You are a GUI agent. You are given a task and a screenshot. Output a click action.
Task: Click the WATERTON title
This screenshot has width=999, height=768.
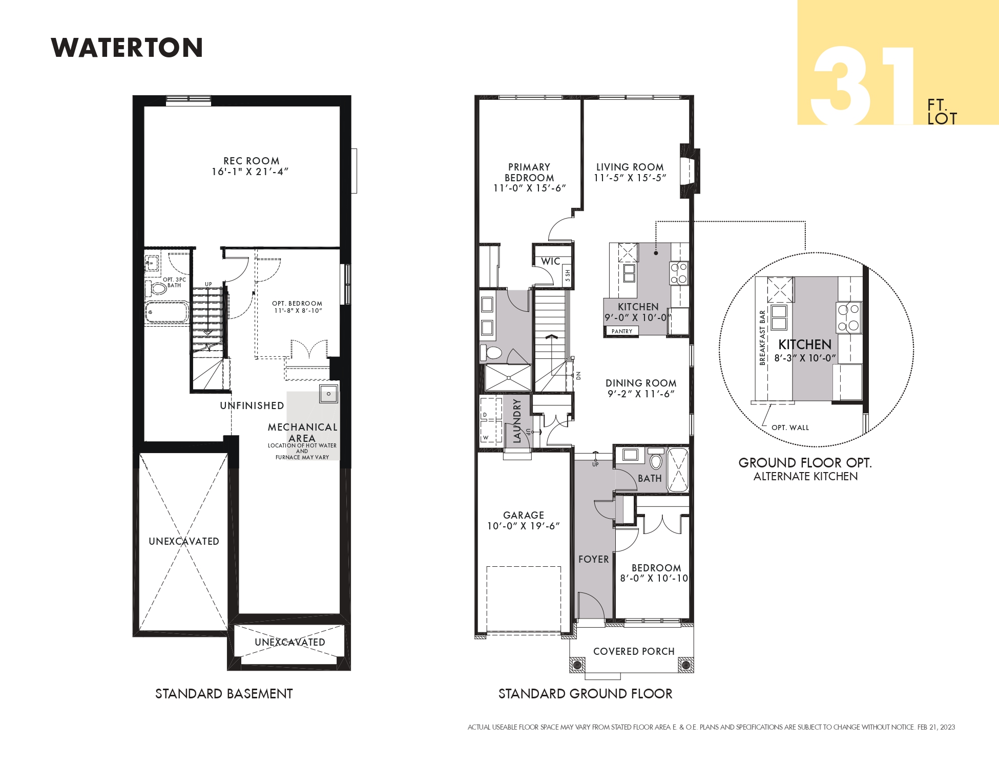coord(127,48)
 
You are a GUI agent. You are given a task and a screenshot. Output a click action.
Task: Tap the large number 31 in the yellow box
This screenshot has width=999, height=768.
coord(863,86)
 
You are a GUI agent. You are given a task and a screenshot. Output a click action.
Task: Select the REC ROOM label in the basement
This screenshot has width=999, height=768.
coord(252,161)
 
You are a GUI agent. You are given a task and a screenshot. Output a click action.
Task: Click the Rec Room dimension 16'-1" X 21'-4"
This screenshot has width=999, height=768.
coord(251,172)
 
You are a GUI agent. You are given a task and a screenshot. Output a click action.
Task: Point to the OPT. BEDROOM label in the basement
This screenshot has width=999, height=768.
coord(297,304)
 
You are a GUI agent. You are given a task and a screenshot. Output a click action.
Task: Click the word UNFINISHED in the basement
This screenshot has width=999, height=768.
coord(252,406)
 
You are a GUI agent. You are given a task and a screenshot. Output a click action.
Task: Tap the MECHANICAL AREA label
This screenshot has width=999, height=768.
coord(302,433)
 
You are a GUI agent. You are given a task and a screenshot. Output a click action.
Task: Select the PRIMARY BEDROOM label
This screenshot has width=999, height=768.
coord(529,172)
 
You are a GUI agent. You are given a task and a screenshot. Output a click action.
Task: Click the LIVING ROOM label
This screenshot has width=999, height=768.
coord(630,167)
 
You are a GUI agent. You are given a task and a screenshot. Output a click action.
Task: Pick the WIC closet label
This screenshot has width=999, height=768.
coord(550,261)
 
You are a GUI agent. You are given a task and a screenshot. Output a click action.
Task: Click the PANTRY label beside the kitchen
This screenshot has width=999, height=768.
coord(622,331)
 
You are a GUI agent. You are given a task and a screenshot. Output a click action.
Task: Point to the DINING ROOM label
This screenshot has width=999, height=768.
coord(641,383)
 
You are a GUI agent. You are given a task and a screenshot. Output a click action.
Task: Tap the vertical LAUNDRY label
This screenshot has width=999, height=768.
coord(517,421)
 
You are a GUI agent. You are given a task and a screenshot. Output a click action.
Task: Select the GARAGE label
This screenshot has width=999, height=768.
coord(524,515)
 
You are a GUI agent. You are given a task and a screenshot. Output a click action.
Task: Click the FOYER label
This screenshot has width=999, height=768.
coord(594,560)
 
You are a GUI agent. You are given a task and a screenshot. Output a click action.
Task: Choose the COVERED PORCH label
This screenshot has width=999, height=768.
coord(634,651)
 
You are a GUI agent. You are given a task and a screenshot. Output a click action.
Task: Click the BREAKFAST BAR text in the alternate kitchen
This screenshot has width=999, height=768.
coord(762,337)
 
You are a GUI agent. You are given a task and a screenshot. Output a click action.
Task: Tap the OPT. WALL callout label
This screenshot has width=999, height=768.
coord(790,428)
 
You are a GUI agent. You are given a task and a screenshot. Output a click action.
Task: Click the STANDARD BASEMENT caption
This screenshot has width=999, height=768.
coord(224,694)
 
